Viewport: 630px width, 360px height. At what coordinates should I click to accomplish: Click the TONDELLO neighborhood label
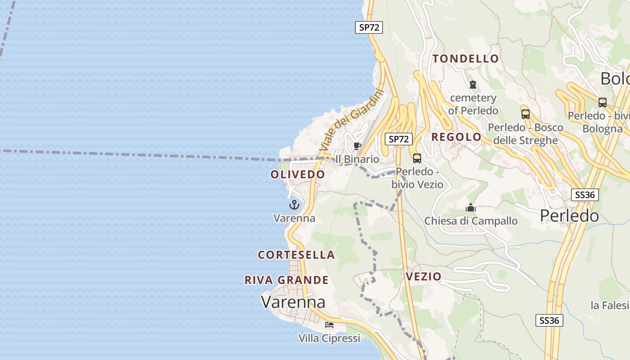tap(466, 58)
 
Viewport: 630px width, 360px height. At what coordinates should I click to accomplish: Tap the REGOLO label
tap(456, 137)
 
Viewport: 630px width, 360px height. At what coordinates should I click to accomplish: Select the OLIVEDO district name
tap(297, 174)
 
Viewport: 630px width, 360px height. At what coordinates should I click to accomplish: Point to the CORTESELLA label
tap(296, 255)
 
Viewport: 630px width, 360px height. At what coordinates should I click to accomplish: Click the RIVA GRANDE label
tap(286, 280)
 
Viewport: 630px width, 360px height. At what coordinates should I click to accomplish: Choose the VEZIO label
tap(423, 276)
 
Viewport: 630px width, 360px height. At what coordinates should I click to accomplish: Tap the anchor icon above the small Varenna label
tap(294, 205)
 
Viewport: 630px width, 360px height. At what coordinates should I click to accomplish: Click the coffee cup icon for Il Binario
tap(357, 146)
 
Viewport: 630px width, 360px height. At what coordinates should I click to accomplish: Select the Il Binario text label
tap(357, 159)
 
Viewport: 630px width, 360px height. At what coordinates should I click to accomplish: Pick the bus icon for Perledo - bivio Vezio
tap(417, 158)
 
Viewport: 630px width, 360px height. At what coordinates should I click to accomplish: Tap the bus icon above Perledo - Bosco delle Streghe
tap(525, 114)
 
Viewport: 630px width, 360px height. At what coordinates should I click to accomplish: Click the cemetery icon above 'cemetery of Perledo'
tap(472, 85)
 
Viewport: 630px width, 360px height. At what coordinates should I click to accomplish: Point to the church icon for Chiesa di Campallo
tap(471, 208)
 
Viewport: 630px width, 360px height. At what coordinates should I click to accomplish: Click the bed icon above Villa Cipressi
tap(329, 324)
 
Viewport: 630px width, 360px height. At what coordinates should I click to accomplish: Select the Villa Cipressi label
tap(329, 338)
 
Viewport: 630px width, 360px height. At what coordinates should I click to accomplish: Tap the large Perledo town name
tap(569, 216)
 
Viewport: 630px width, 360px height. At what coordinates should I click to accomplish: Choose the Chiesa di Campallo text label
tap(471, 221)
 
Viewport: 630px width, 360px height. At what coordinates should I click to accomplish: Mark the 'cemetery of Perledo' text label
tap(473, 104)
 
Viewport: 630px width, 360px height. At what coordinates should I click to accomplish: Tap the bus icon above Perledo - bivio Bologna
tap(602, 102)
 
